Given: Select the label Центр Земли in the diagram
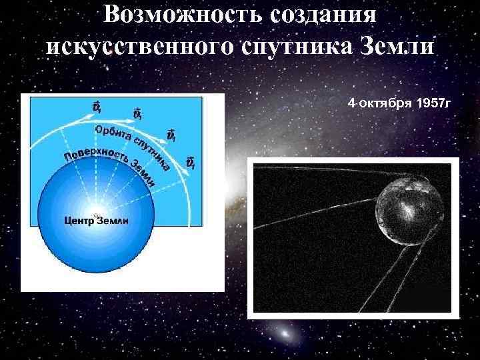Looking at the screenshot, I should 97,221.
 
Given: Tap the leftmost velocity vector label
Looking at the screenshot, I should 97,106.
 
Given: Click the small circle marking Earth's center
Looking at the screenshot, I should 95,213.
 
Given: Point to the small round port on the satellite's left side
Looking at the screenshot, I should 381,221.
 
